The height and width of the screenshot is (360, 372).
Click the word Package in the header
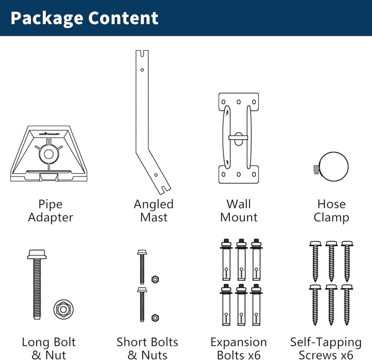pos(47,19)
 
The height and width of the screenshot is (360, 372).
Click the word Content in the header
pos(123,18)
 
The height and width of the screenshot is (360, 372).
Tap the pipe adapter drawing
pos(49,154)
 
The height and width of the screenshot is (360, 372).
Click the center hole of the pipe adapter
pos(49,154)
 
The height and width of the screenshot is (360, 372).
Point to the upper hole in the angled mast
pos(142,70)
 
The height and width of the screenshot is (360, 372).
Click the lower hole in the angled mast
pos(156,175)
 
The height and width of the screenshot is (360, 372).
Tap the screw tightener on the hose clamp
pos(316,169)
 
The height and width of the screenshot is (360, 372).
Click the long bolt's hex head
pos(37,254)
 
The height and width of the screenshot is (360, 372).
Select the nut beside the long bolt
pos(64,309)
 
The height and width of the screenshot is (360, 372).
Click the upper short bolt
pos(142,267)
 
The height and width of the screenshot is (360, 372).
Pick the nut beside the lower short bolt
pos(155,318)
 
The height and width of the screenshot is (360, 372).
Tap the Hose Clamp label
pos(331,211)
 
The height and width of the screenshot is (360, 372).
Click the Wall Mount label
pos(239,211)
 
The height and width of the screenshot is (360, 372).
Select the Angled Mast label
pos(154,211)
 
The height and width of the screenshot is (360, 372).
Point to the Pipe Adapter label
pos(51,211)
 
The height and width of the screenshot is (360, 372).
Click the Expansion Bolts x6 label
pos(239,349)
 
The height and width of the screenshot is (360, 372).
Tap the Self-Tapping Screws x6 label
pos(326,349)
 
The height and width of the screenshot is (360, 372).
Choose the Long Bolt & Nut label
pos(49,349)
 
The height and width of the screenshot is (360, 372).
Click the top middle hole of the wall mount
pos(239,102)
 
